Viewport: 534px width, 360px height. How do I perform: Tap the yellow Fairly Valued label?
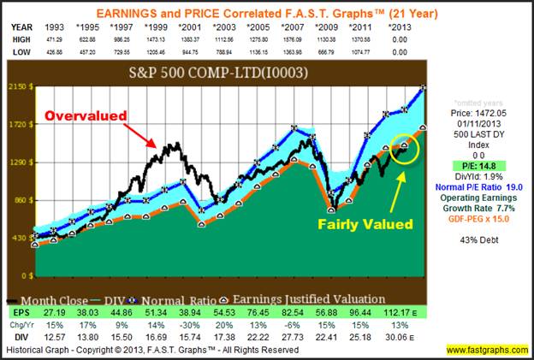point(366,225)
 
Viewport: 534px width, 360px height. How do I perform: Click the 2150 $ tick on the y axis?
point(22,86)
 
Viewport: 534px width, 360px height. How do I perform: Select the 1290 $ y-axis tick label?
point(22,162)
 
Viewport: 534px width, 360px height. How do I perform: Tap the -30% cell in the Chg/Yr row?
point(202,326)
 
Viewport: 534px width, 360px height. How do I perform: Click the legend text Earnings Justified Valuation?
point(301,300)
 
